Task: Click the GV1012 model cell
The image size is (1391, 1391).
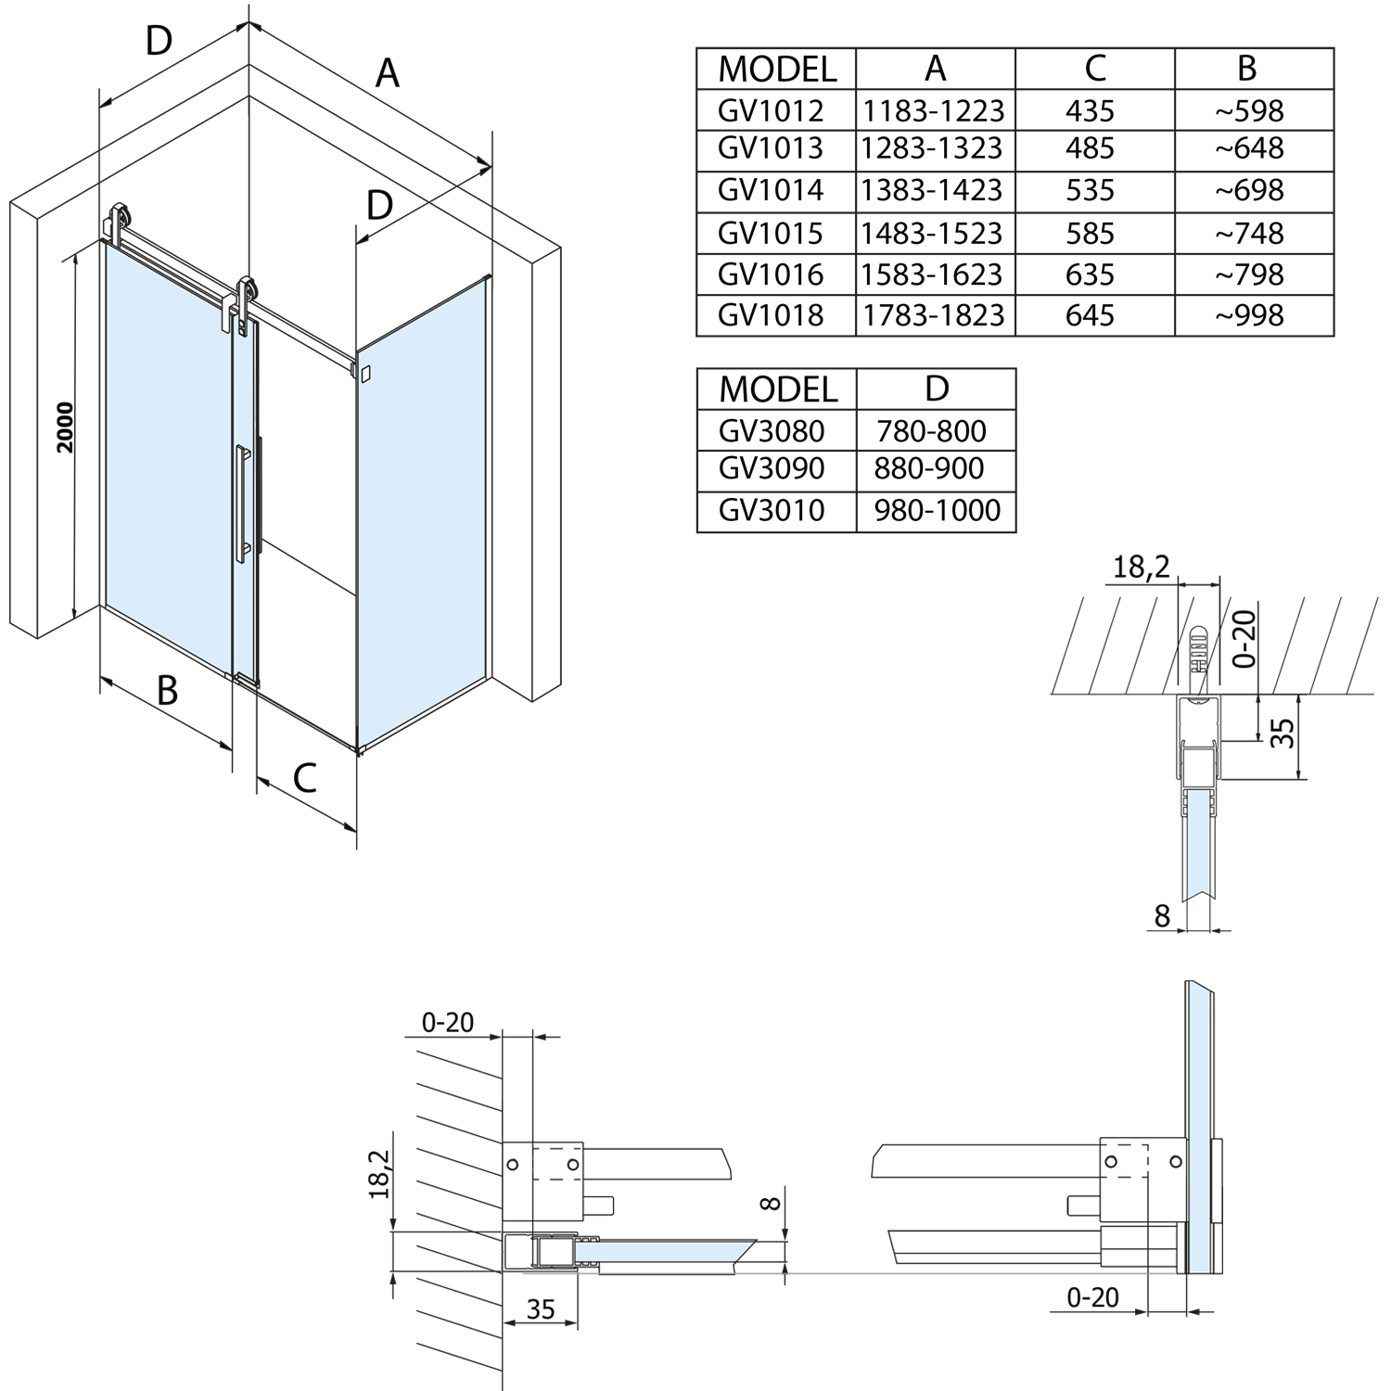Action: coord(771,111)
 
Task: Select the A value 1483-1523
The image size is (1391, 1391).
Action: coord(932,233)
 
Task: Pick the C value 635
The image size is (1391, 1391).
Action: coord(1090,274)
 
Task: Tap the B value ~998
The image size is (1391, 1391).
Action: coord(1249,315)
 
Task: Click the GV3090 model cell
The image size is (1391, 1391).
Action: coord(772,468)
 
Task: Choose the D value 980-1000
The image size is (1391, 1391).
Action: coord(937,510)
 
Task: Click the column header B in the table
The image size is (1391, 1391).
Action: coord(1247,69)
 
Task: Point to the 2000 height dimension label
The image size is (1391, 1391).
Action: coord(64,428)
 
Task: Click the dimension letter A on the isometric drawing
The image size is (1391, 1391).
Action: coord(387,72)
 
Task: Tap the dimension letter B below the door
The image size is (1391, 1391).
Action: coord(167,691)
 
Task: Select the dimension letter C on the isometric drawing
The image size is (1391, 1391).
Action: coord(304,778)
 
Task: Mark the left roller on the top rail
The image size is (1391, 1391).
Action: coord(120,223)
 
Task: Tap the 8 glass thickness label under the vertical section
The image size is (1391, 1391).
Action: coord(1162,916)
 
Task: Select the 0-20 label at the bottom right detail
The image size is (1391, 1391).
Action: coord(1092,1297)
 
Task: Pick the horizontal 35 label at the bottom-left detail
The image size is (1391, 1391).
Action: coord(540,1308)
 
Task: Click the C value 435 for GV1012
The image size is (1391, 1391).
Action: coord(1090,111)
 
